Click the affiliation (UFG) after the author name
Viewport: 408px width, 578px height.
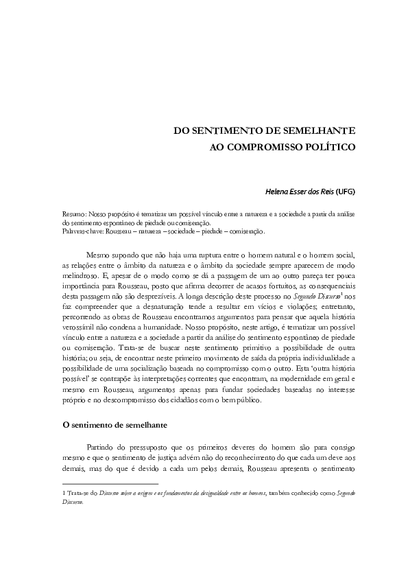click(x=344, y=191)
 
